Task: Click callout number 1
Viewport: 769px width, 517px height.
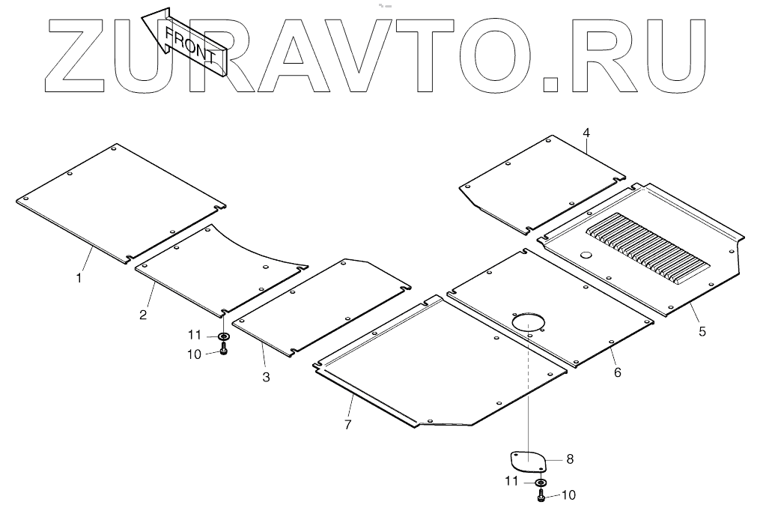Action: coord(79,278)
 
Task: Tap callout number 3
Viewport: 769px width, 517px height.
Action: coord(266,377)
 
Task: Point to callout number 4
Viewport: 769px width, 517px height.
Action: coord(586,133)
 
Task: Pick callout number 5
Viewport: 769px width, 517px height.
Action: coord(702,332)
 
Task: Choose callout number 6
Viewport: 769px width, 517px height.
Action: coord(618,371)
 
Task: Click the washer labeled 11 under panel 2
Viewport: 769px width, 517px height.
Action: coord(223,336)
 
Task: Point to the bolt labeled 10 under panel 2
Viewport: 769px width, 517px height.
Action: coord(224,349)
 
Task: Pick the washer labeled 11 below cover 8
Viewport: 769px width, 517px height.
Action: coord(540,482)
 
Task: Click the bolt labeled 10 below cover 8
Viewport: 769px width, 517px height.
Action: coord(540,495)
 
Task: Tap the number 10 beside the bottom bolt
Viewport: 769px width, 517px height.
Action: coord(568,495)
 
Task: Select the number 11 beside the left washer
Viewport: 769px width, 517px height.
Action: coord(194,335)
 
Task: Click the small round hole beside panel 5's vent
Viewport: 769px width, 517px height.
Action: coord(585,256)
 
